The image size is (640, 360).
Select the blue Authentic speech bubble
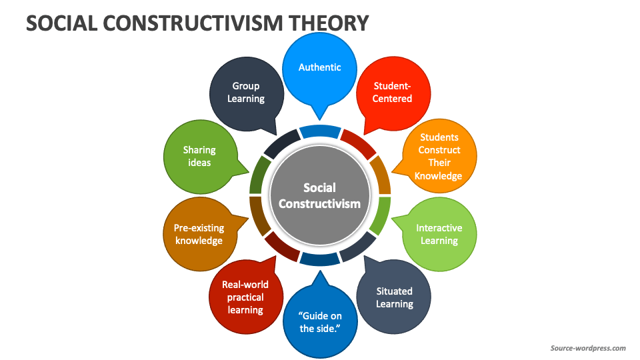(319, 69)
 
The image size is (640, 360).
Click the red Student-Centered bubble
(393, 93)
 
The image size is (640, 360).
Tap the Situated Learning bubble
(394, 297)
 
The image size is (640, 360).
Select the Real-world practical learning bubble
(246, 297)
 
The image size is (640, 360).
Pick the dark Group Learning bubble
(247, 94)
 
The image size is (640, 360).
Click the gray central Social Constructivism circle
(319, 195)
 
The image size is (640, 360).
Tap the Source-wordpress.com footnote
(588, 348)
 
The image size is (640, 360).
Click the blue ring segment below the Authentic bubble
(320, 131)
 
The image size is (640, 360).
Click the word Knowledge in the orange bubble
(439, 176)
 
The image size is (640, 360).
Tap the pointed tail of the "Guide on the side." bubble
(321, 272)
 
